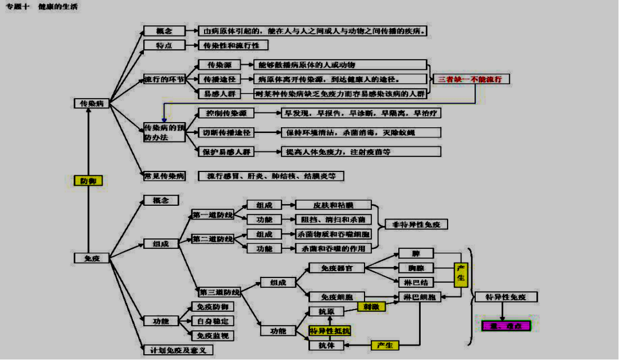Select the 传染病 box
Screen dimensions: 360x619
click(x=92, y=104)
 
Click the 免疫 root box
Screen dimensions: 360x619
click(x=92, y=259)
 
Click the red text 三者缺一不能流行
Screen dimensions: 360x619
click(x=471, y=79)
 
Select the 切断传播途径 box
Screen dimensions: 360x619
click(x=227, y=132)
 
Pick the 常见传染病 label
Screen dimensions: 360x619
click(x=164, y=176)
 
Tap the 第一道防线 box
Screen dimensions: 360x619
click(x=213, y=215)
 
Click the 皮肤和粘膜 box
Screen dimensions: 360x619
click(x=333, y=205)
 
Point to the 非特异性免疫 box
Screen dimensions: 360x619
click(x=416, y=224)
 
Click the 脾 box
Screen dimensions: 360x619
click(x=416, y=253)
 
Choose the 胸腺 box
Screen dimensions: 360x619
click(x=416, y=268)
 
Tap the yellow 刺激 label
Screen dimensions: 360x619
click(x=371, y=307)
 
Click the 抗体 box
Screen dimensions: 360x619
click(x=326, y=345)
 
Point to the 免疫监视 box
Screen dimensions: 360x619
click(x=213, y=335)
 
